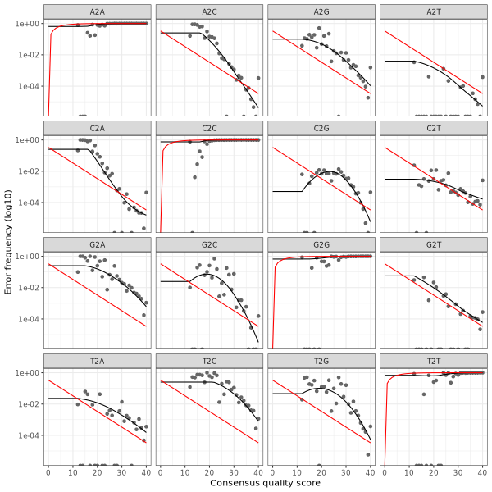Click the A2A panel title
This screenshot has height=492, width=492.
coord(98,11)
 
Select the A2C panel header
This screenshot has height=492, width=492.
coord(210,11)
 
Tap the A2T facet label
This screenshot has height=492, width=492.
coord(433,11)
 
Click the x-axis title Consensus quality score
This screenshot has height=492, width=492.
coord(265,484)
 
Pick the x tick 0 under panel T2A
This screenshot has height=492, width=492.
coord(48,472)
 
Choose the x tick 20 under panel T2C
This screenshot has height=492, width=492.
coord(209,472)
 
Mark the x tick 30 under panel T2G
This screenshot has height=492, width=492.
coord(346,472)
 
